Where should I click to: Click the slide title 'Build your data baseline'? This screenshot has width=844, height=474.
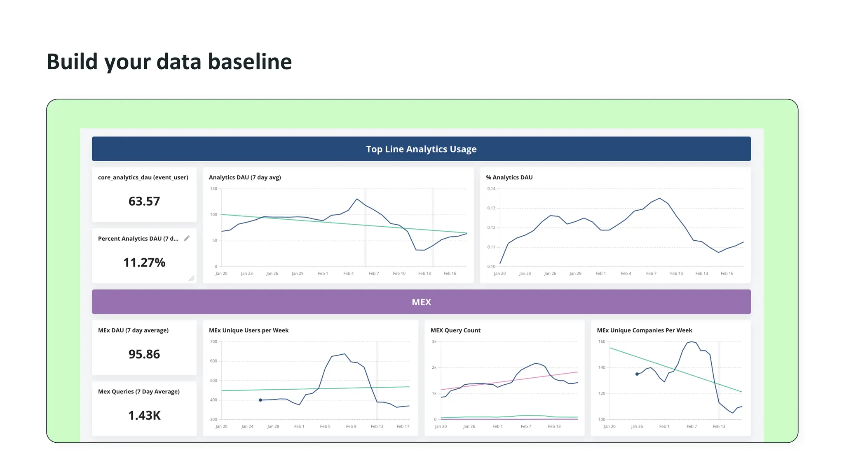[x=169, y=62]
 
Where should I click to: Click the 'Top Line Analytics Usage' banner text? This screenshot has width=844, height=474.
[x=421, y=149]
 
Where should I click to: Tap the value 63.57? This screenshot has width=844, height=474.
[x=144, y=201]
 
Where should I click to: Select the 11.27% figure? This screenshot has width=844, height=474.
[x=144, y=263]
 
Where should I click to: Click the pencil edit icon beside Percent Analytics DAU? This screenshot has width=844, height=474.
[x=187, y=238]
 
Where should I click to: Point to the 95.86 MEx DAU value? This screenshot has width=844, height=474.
[x=144, y=354]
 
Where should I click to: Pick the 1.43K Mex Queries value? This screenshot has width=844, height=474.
[x=144, y=416]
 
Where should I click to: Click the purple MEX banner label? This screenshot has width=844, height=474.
[x=421, y=302]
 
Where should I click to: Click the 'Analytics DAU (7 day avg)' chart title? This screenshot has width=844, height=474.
[x=245, y=177]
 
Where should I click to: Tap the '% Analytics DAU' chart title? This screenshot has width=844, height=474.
[x=509, y=177]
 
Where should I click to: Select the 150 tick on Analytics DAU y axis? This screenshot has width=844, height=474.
[x=213, y=189]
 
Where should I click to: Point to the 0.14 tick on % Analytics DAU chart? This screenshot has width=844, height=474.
[x=491, y=189]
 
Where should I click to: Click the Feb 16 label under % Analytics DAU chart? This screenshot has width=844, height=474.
[x=727, y=274]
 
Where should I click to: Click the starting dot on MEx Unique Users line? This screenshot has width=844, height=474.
[x=260, y=400]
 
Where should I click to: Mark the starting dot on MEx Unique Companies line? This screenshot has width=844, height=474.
[x=637, y=374]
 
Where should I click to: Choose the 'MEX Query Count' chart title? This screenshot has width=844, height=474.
[x=455, y=330]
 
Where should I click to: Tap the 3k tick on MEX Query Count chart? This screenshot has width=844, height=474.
[x=434, y=342]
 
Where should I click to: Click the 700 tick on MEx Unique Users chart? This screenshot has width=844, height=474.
[x=213, y=342]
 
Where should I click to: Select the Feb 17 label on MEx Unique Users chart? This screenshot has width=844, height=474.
[x=403, y=427]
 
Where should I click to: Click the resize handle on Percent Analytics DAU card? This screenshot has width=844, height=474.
[x=192, y=279]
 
